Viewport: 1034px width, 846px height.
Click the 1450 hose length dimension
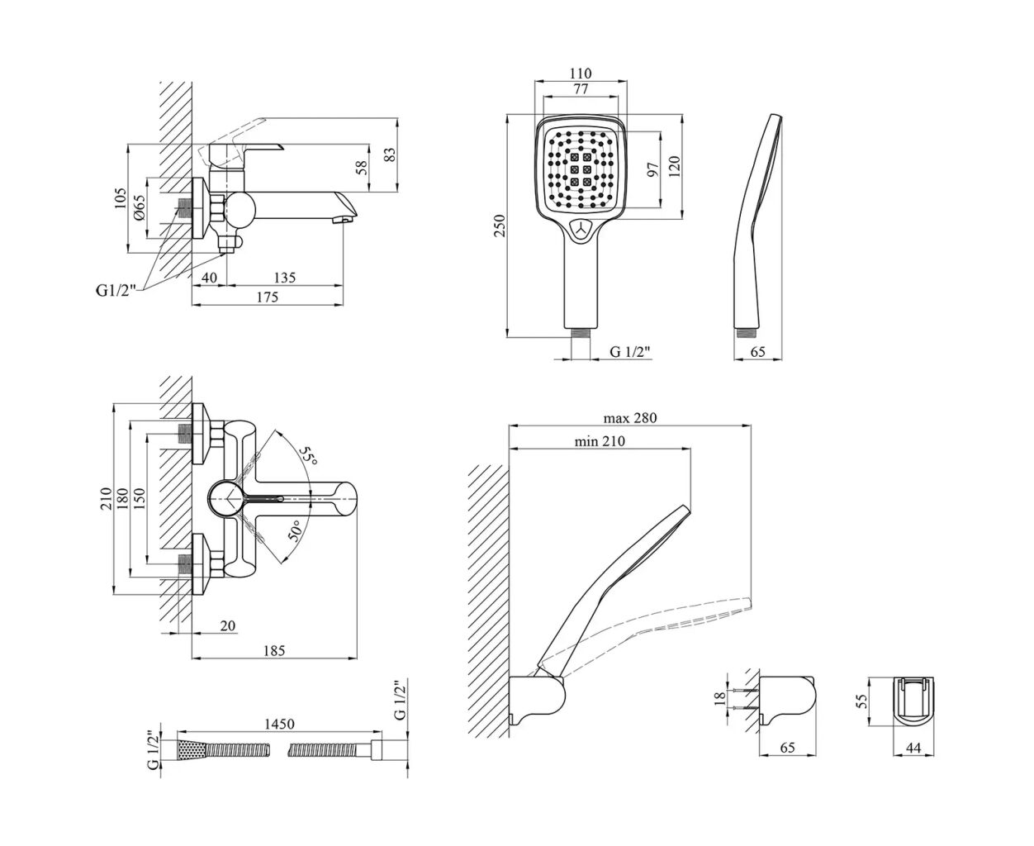tap(279, 725)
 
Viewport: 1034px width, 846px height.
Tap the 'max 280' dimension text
tap(629, 418)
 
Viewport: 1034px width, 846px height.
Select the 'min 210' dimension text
tap(600, 441)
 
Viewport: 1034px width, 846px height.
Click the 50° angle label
tap(296, 529)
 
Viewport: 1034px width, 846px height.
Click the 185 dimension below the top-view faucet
tap(274, 651)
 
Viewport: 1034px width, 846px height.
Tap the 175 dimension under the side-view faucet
tap(267, 297)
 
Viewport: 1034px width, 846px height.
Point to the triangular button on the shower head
tap(582, 231)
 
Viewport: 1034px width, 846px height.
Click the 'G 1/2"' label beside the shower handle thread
tap(630, 352)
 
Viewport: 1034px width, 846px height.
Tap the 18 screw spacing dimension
tap(719, 696)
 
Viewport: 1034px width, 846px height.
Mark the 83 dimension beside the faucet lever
tap(391, 154)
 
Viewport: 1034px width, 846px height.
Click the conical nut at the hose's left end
tap(190, 750)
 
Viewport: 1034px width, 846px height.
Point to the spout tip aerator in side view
tap(339, 221)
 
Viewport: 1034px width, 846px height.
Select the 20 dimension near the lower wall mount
tap(227, 626)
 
